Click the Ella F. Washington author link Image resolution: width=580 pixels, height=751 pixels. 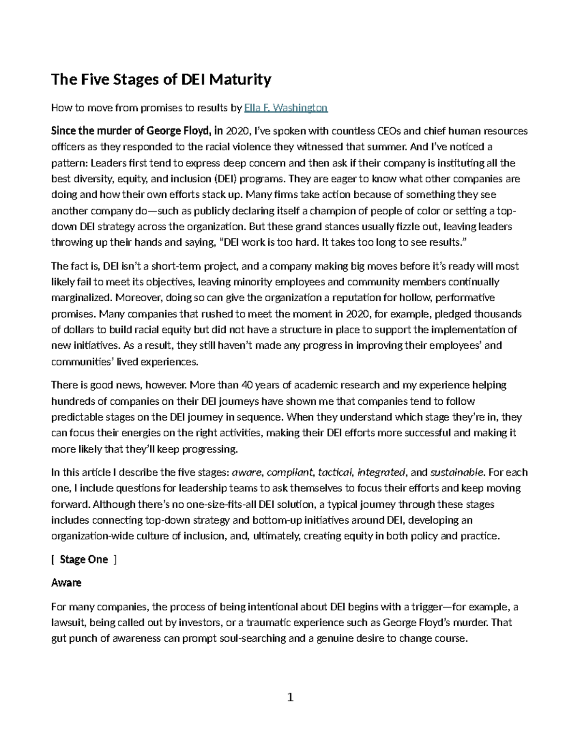[286, 108]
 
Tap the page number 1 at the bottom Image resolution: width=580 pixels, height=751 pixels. [290, 697]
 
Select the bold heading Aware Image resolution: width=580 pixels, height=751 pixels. [66, 583]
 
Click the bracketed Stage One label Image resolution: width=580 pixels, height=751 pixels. [84, 560]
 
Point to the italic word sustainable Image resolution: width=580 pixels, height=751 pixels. [457, 472]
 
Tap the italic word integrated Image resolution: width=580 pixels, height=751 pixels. [381, 472]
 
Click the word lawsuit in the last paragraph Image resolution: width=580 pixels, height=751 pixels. [67, 623]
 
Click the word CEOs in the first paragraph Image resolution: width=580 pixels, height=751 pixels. [386, 131]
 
